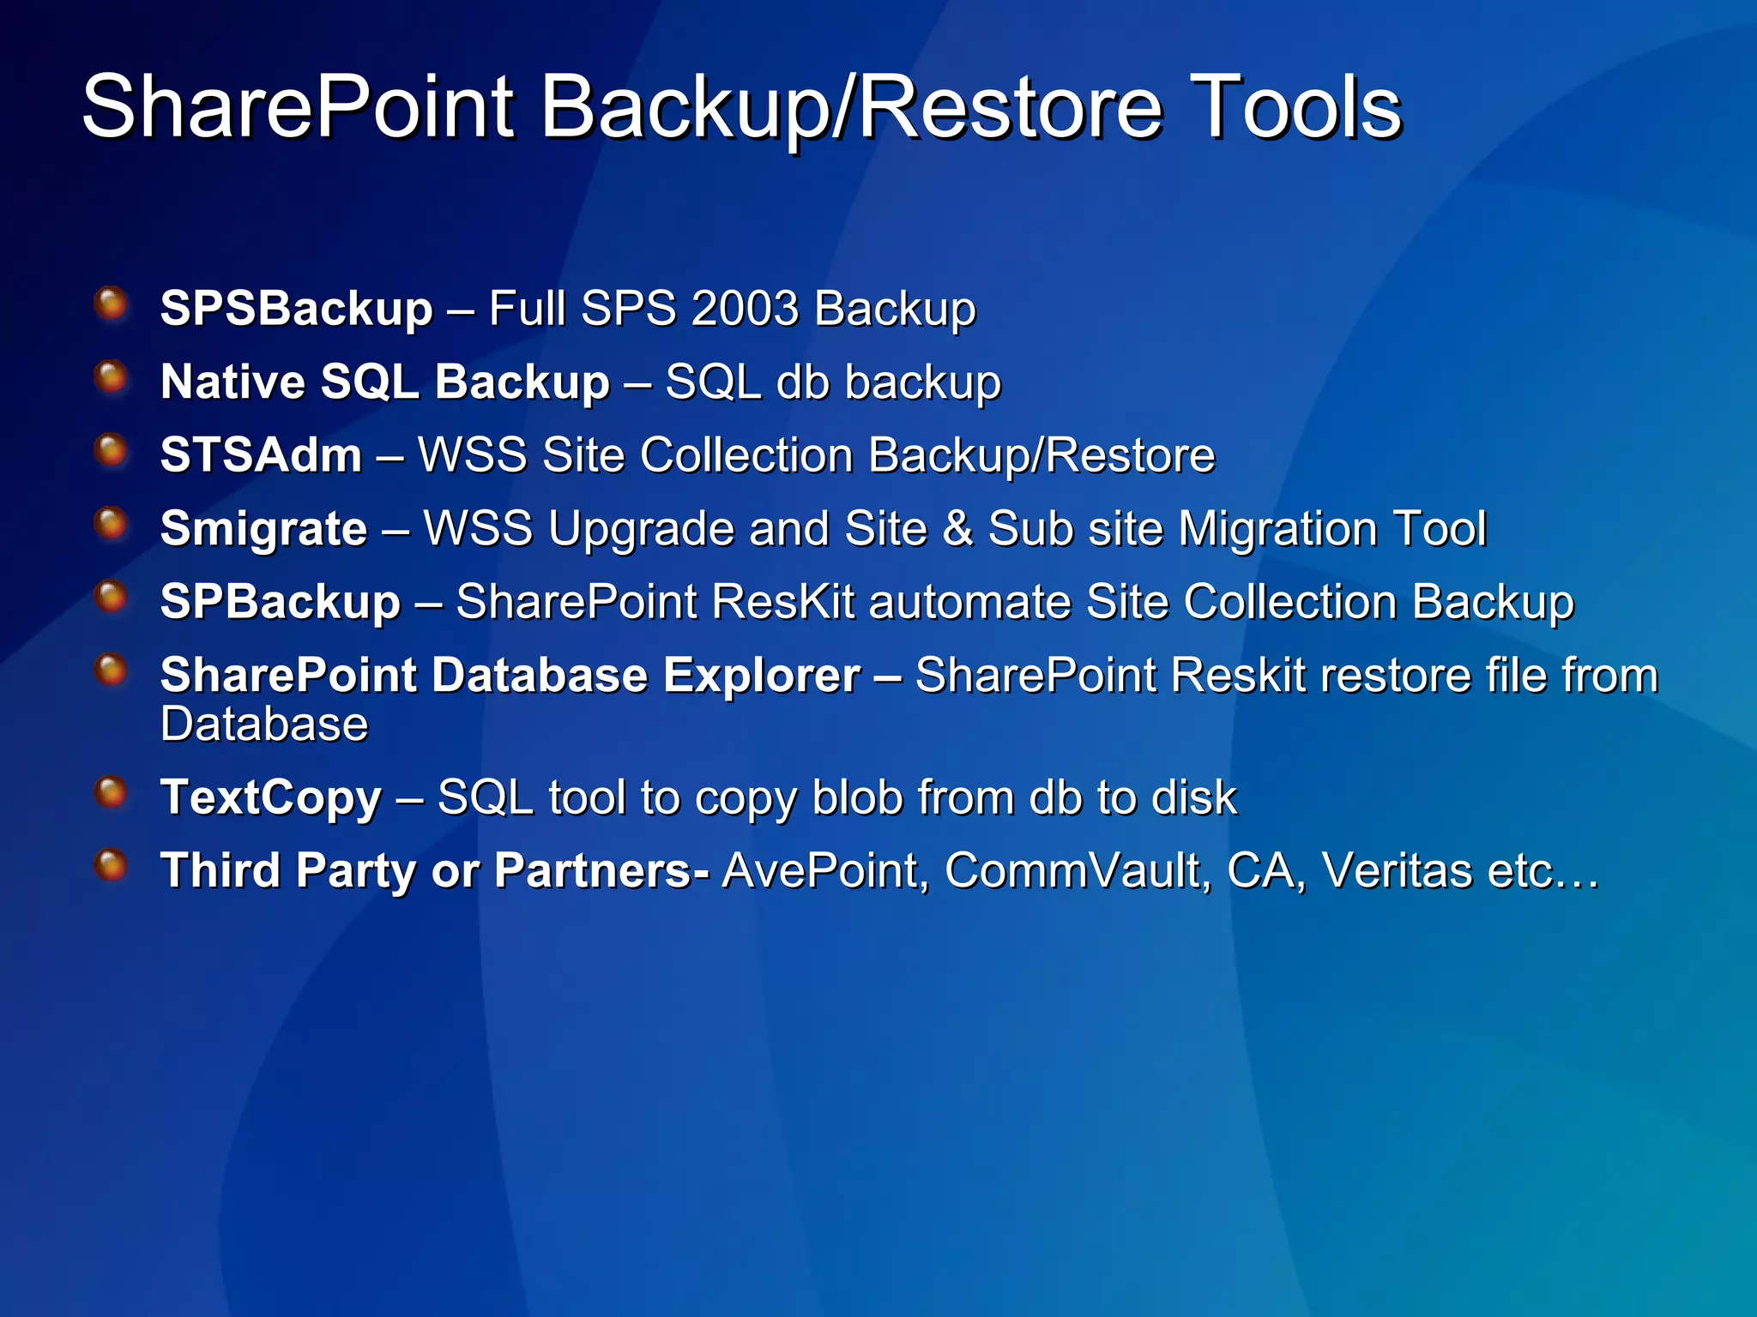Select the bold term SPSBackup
coord(296,309)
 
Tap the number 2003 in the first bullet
coord(745,309)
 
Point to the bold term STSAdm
coord(261,455)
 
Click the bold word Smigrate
coord(263,529)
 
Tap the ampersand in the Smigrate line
coord(957,529)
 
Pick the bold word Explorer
coord(762,676)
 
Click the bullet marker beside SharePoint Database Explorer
coord(112,671)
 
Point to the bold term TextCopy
coord(271,798)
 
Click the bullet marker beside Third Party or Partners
coord(112,866)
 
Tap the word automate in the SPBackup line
coord(969,602)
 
